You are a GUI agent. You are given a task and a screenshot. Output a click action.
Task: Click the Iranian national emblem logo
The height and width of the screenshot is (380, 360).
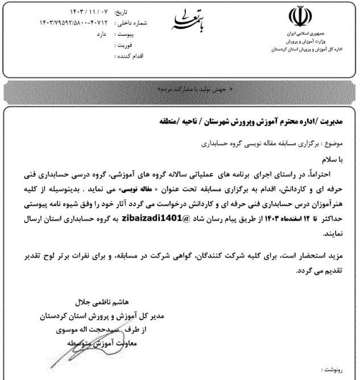coord(299,18)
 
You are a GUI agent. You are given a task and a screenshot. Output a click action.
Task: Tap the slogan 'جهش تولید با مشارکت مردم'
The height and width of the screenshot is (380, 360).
coord(181,90)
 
